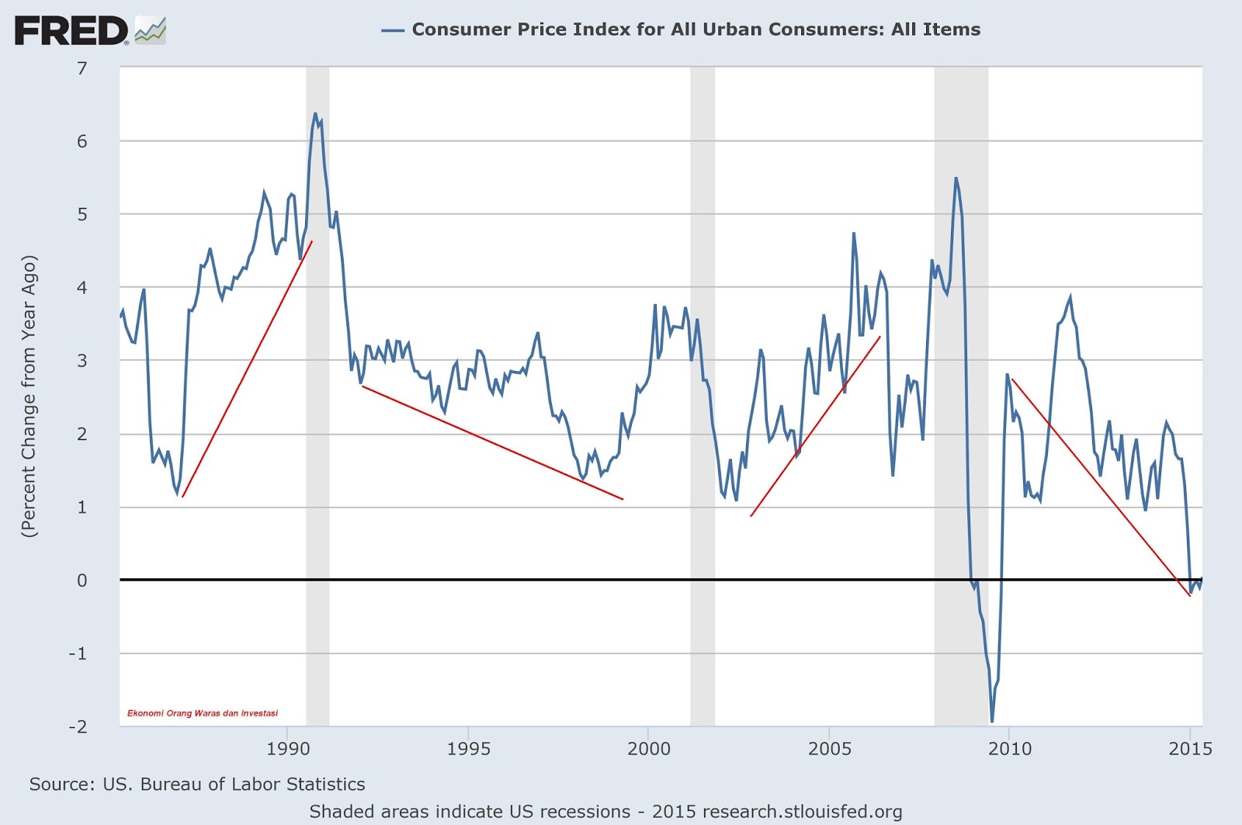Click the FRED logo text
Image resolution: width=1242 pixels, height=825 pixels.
click(71, 31)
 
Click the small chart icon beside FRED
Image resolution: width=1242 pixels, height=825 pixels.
click(150, 32)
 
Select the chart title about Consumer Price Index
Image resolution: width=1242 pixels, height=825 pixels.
click(696, 29)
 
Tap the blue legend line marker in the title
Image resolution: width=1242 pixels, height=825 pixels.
click(393, 30)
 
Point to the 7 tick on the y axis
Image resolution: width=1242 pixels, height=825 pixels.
click(82, 68)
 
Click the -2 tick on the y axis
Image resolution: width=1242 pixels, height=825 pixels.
click(78, 727)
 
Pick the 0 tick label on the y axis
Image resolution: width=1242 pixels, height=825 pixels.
click(82, 581)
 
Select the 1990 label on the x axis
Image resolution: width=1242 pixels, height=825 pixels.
click(288, 749)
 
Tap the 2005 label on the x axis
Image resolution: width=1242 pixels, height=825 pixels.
click(829, 749)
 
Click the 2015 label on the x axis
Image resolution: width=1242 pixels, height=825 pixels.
click(1190, 749)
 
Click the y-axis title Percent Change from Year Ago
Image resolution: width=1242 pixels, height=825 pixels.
click(29, 396)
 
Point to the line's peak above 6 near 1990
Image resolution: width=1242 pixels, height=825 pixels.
click(315, 114)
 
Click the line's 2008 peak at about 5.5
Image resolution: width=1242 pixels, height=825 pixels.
click(956, 179)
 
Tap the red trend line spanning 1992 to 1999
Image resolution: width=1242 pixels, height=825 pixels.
click(492, 442)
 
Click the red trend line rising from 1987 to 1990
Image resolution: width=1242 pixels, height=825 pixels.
click(247, 369)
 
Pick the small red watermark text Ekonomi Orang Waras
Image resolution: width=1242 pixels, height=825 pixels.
click(203, 713)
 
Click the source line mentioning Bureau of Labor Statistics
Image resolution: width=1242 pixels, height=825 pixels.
click(197, 785)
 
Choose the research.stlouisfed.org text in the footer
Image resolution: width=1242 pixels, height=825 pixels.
click(802, 812)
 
